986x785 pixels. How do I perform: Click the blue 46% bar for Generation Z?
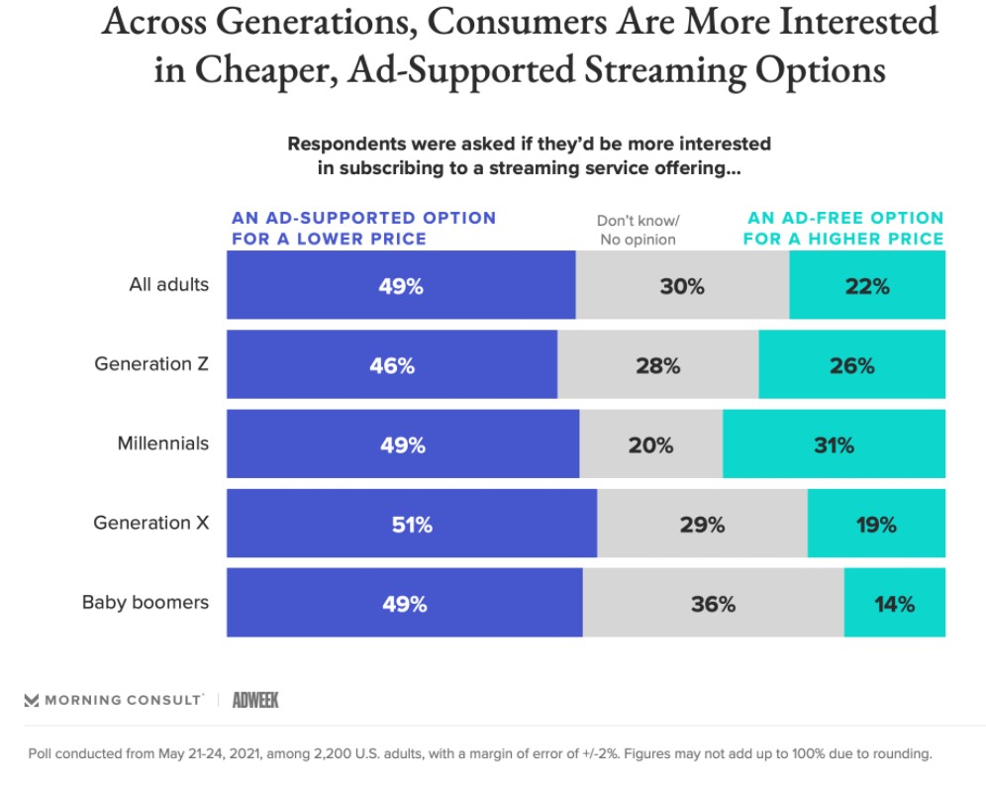[x=392, y=365]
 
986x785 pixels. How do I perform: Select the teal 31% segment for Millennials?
[x=834, y=444]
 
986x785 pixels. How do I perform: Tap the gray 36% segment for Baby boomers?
[x=713, y=603]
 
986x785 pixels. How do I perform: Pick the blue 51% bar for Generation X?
[x=412, y=524]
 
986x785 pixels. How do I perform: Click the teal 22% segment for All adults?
[x=867, y=286]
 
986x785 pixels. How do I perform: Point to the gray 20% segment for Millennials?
[x=650, y=444]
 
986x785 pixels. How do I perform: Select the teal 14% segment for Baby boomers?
[x=894, y=603]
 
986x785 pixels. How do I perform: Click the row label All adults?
[x=169, y=284]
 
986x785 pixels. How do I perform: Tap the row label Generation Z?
[x=151, y=363]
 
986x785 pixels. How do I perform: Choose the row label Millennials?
[x=163, y=442]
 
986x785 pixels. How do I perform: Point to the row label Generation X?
[x=151, y=522]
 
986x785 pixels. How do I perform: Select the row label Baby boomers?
[x=146, y=601]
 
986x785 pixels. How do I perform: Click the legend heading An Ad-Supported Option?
[x=363, y=228]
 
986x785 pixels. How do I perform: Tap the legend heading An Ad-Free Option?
[x=844, y=228]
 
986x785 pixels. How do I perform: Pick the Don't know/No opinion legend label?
[x=638, y=230]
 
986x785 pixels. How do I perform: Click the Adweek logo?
[x=255, y=700]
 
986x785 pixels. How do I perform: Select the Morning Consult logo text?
[x=114, y=700]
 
